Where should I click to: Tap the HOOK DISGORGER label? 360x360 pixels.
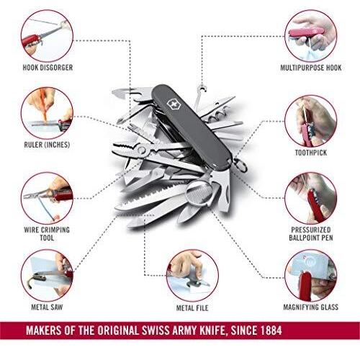pyautogui.click(x=48, y=68)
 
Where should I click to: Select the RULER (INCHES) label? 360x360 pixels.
pyautogui.click(x=47, y=145)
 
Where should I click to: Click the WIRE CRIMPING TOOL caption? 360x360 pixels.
pyautogui.click(x=47, y=234)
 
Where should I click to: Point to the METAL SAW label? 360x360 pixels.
pyautogui.click(x=47, y=307)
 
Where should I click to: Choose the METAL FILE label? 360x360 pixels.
pyautogui.click(x=192, y=308)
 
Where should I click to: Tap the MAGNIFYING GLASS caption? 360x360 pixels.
pyautogui.click(x=311, y=307)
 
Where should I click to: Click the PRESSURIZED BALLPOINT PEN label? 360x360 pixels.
pyautogui.click(x=311, y=234)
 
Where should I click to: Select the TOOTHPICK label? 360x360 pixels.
pyautogui.click(x=311, y=153)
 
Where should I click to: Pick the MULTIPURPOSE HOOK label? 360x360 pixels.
pyautogui.click(x=311, y=68)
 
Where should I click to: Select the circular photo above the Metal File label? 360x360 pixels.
pyautogui.click(x=192, y=276)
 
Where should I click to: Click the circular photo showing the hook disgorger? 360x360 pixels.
pyautogui.click(x=47, y=36)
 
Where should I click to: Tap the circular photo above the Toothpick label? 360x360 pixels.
pyautogui.click(x=311, y=121)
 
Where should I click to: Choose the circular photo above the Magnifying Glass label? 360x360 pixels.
pyautogui.click(x=311, y=276)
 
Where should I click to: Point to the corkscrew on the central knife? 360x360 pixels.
pyautogui.click(x=218, y=116)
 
